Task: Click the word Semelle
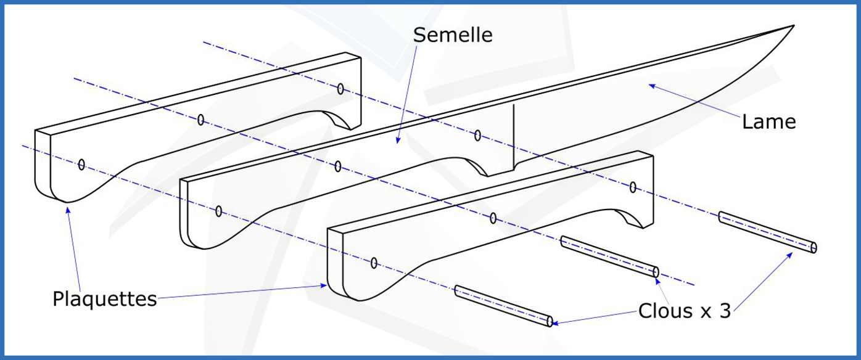(453, 35)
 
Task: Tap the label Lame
(768, 121)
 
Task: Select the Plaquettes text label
(104, 299)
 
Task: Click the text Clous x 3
(684, 310)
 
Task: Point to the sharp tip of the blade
(793, 26)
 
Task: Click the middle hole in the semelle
(338, 166)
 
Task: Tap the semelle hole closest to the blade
(477, 135)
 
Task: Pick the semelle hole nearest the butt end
(219, 211)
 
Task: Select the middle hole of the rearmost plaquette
(200, 120)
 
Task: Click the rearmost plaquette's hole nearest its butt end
(81, 165)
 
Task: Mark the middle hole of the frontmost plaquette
(493, 218)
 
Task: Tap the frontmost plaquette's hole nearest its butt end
(374, 263)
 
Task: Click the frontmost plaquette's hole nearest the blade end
(633, 187)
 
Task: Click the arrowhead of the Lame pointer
(650, 86)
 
